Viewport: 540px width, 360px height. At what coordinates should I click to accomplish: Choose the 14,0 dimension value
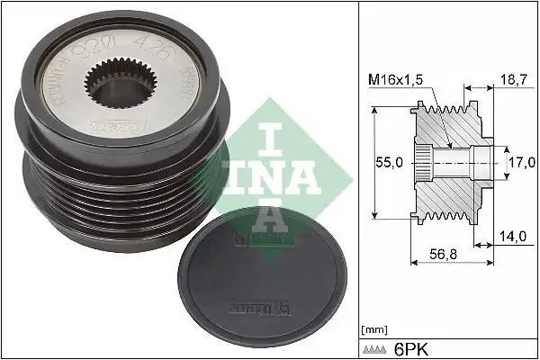coord(514,236)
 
